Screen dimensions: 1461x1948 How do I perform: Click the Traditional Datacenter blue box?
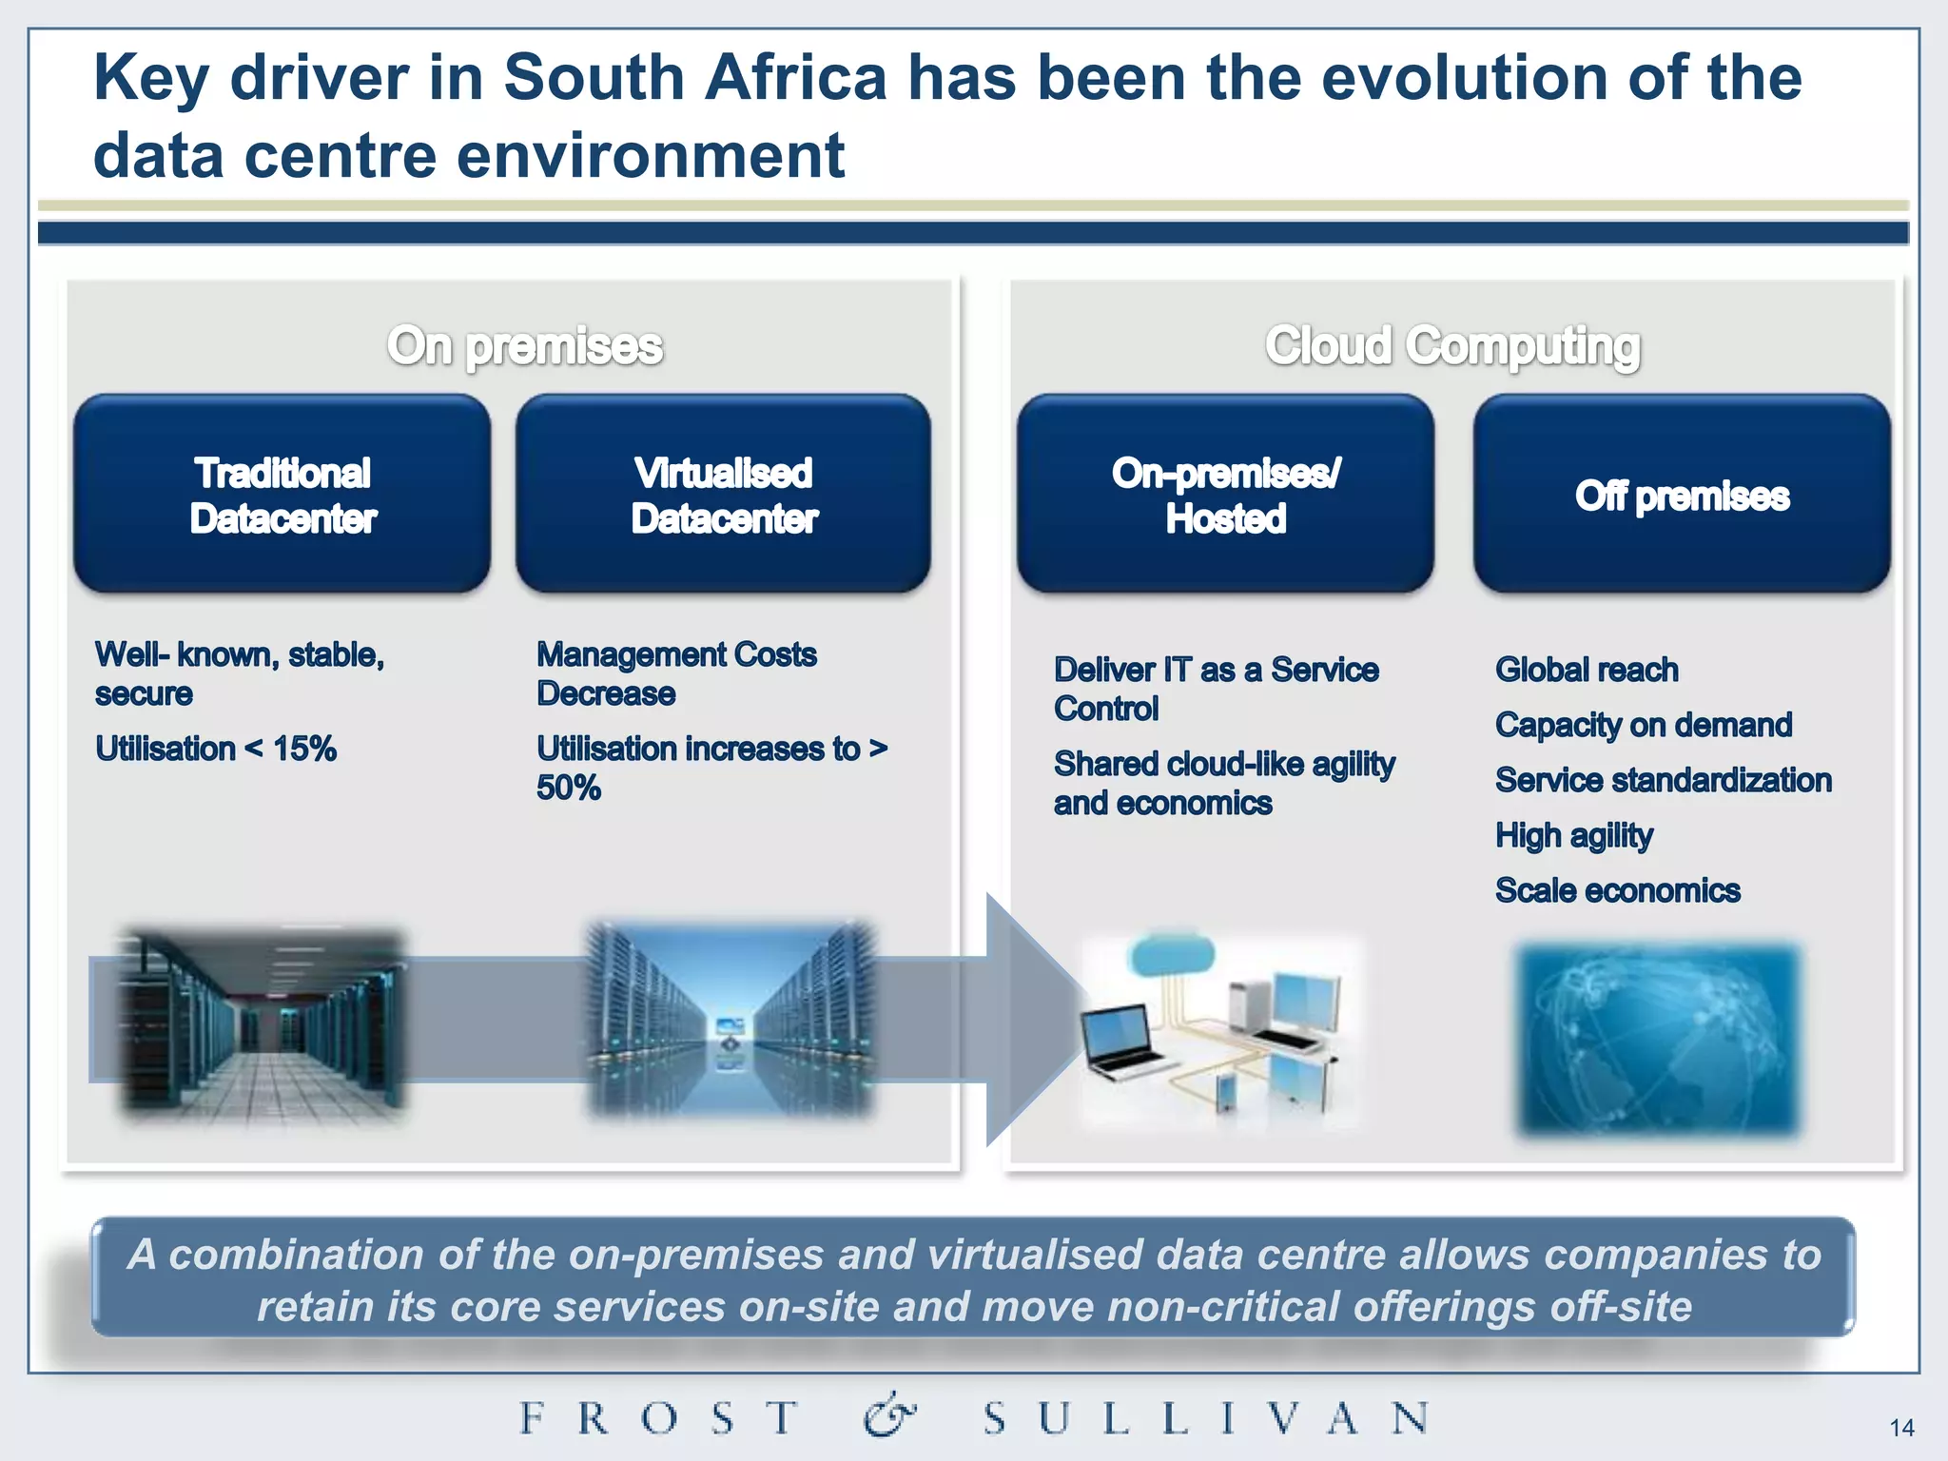[282, 495]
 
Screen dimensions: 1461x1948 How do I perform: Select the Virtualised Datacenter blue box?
[723, 495]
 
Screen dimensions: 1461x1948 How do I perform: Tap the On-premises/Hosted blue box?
[1225, 495]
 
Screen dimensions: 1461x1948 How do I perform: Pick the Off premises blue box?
[1682, 495]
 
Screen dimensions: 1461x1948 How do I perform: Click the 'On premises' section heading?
[524, 345]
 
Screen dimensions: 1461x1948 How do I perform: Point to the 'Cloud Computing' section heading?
[1452, 345]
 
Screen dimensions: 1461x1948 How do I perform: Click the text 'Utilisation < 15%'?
[216, 749]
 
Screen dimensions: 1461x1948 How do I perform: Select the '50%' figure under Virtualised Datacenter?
[569, 788]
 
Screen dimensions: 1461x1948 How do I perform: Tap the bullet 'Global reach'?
[1586, 670]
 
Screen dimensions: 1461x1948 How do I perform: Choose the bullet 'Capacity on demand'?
[1643, 725]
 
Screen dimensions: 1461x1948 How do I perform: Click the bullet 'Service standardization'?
[1663, 780]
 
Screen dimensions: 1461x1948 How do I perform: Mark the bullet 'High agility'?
[1573, 835]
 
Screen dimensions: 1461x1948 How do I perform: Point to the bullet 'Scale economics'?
[1617, 890]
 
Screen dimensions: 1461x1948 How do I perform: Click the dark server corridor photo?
[262, 1023]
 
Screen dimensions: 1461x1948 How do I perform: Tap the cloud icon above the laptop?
[1173, 954]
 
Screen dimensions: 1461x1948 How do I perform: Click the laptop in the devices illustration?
[1122, 1042]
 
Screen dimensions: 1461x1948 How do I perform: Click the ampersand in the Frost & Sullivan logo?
[889, 1416]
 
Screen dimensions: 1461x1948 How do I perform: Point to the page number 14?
[1901, 1428]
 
